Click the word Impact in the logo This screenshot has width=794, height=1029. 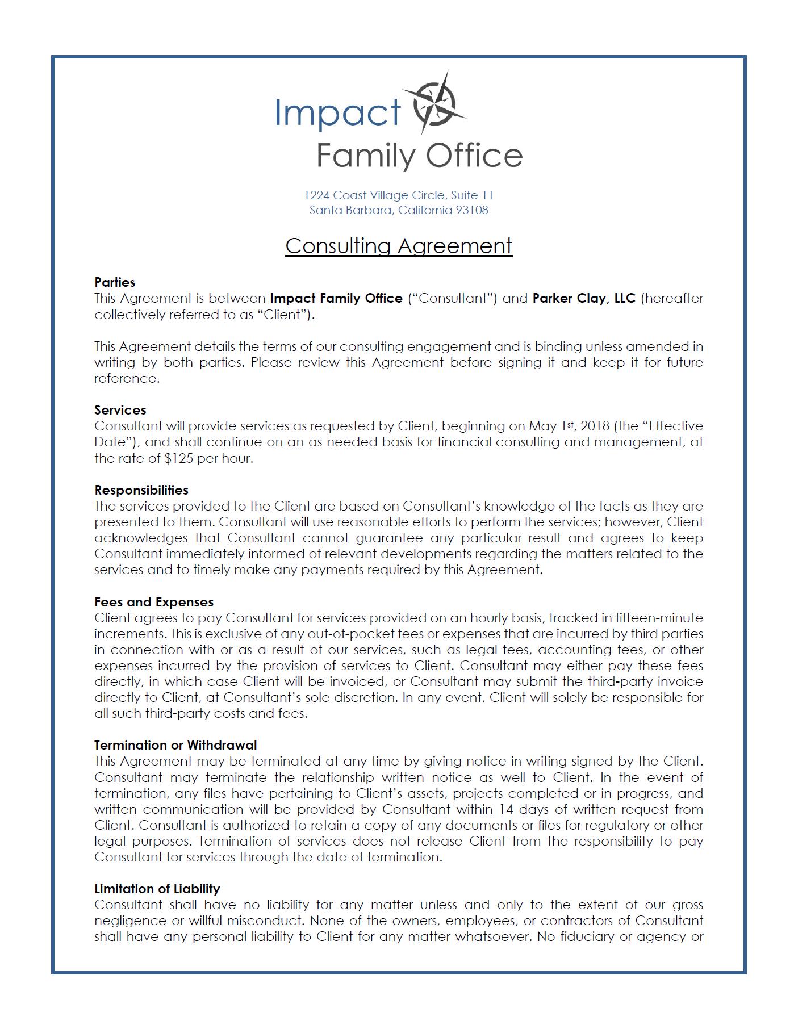point(338,112)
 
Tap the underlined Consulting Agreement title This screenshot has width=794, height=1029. point(399,246)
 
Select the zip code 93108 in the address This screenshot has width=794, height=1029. point(473,210)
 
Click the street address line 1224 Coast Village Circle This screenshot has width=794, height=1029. point(399,195)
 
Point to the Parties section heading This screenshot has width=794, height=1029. point(115,282)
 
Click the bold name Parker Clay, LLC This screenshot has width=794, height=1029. point(584,298)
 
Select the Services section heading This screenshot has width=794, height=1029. point(120,410)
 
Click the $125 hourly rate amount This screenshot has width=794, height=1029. point(178,458)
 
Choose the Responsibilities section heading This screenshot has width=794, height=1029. point(141,490)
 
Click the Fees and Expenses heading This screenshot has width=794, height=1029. point(154,602)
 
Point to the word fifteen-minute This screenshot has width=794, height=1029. point(659,618)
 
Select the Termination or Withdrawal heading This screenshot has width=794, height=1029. point(175,745)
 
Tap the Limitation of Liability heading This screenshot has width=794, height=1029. point(157,889)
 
